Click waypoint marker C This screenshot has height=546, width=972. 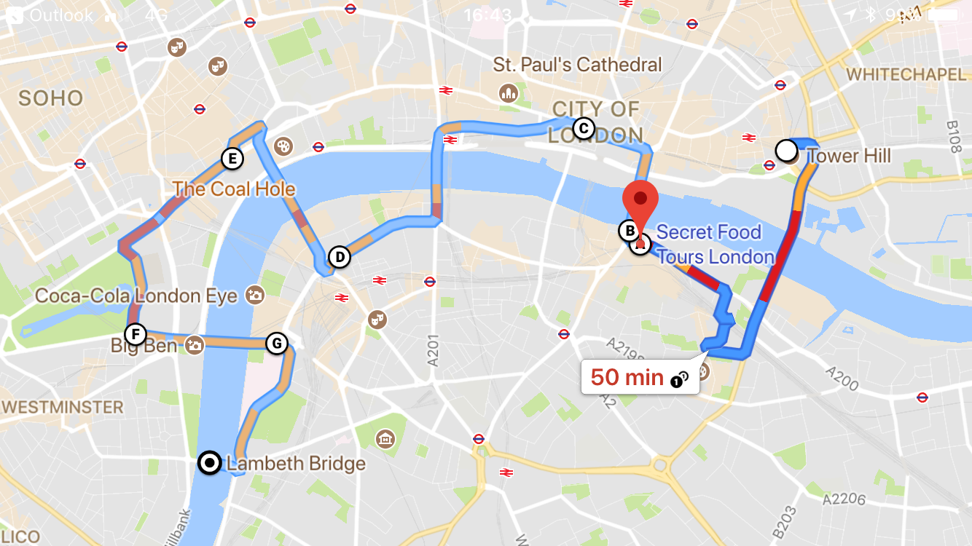[x=583, y=129]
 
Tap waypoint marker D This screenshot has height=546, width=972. [x=339, y=257]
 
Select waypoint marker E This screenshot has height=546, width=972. [x=232, y=159]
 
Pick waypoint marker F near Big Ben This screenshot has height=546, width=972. [x=135, y=335]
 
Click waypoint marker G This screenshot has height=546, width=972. [x=276, y=343]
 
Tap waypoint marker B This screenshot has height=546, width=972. [x=628, y=231]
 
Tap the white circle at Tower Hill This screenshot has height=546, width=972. [x=786, y=151]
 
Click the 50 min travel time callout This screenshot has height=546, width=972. [x=640, y=377]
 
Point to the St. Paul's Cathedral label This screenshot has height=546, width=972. [x=577, y=65]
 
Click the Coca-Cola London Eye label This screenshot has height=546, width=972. [x=136, y=296]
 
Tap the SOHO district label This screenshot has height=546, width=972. [x=50, y=98]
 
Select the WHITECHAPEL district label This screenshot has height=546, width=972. [x=906, y=74]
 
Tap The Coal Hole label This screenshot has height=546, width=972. [x=234, y=190]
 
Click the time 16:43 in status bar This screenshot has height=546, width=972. [x=487, y=15]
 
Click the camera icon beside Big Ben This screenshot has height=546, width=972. [x=194, y=345]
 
